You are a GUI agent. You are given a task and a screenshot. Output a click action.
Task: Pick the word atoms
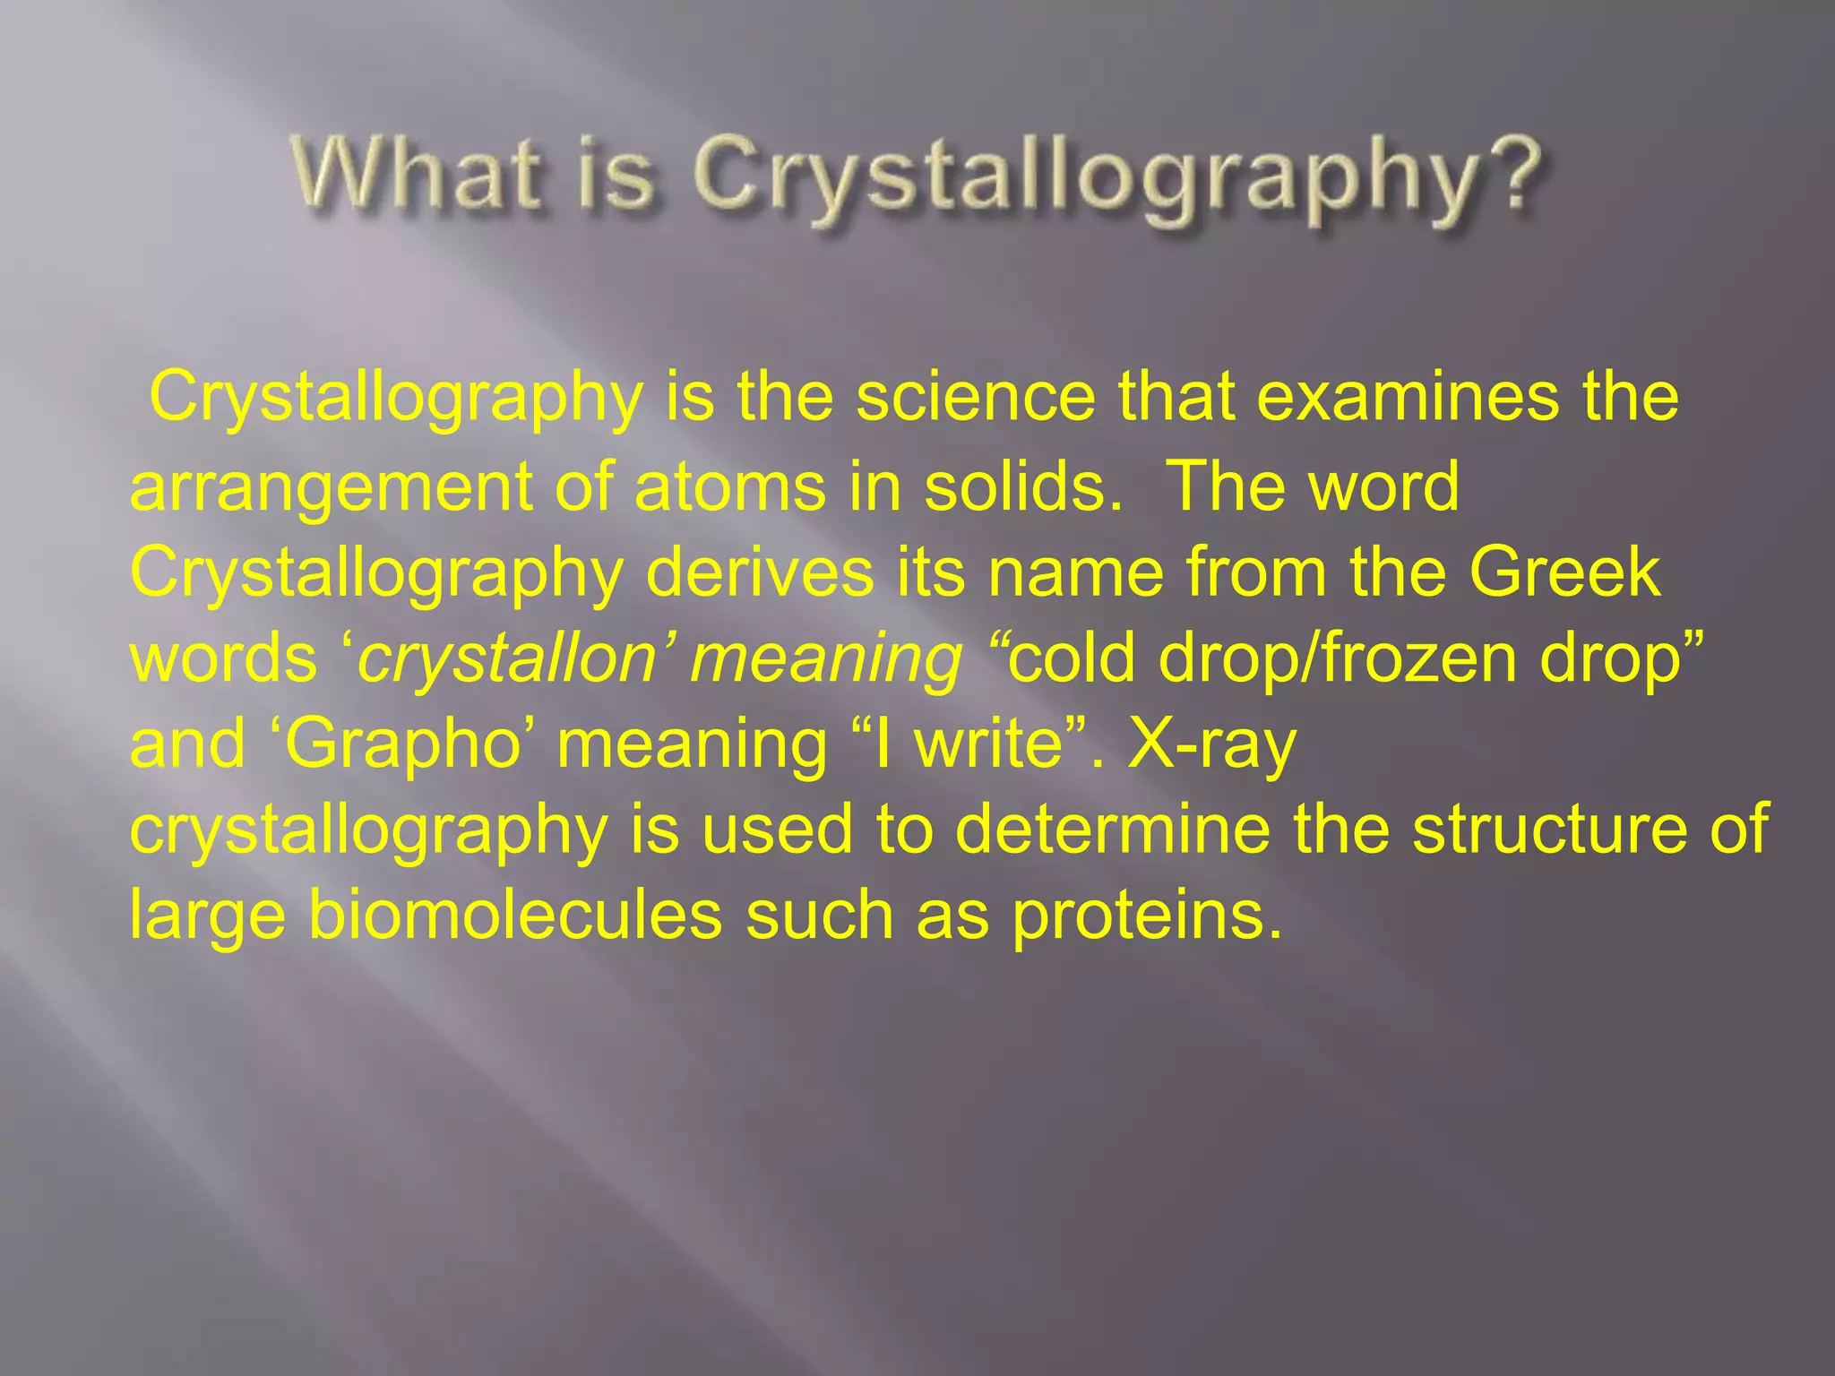click(729, 486)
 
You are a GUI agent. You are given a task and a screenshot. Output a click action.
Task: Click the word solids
click(1021, 486)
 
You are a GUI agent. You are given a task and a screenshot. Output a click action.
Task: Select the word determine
click(1112, 829)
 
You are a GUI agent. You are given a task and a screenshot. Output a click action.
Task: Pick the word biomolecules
click(515, 915)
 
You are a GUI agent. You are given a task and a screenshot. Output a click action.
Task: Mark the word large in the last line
click(207, 916)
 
